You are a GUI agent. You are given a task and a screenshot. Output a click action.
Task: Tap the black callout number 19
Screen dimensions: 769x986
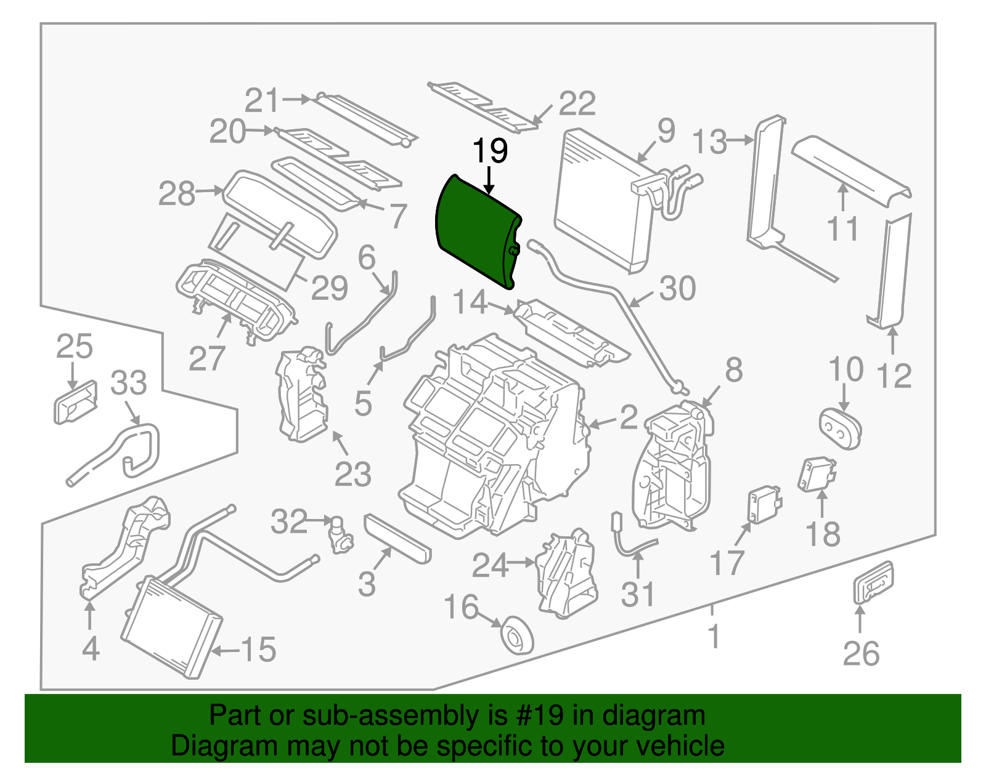490,151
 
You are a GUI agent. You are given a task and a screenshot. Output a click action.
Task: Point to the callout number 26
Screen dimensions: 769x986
861,653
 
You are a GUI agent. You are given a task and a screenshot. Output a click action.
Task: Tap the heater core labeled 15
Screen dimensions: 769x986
171,627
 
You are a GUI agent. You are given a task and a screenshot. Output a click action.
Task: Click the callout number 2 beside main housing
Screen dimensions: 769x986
628,417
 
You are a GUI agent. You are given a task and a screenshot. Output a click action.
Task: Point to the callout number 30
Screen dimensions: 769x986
677,288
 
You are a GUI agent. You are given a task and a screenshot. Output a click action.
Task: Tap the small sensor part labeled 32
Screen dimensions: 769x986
340,534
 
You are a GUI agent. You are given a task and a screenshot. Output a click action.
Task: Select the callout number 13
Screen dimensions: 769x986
711,142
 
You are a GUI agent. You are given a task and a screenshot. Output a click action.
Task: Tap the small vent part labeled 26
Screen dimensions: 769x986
873,581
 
